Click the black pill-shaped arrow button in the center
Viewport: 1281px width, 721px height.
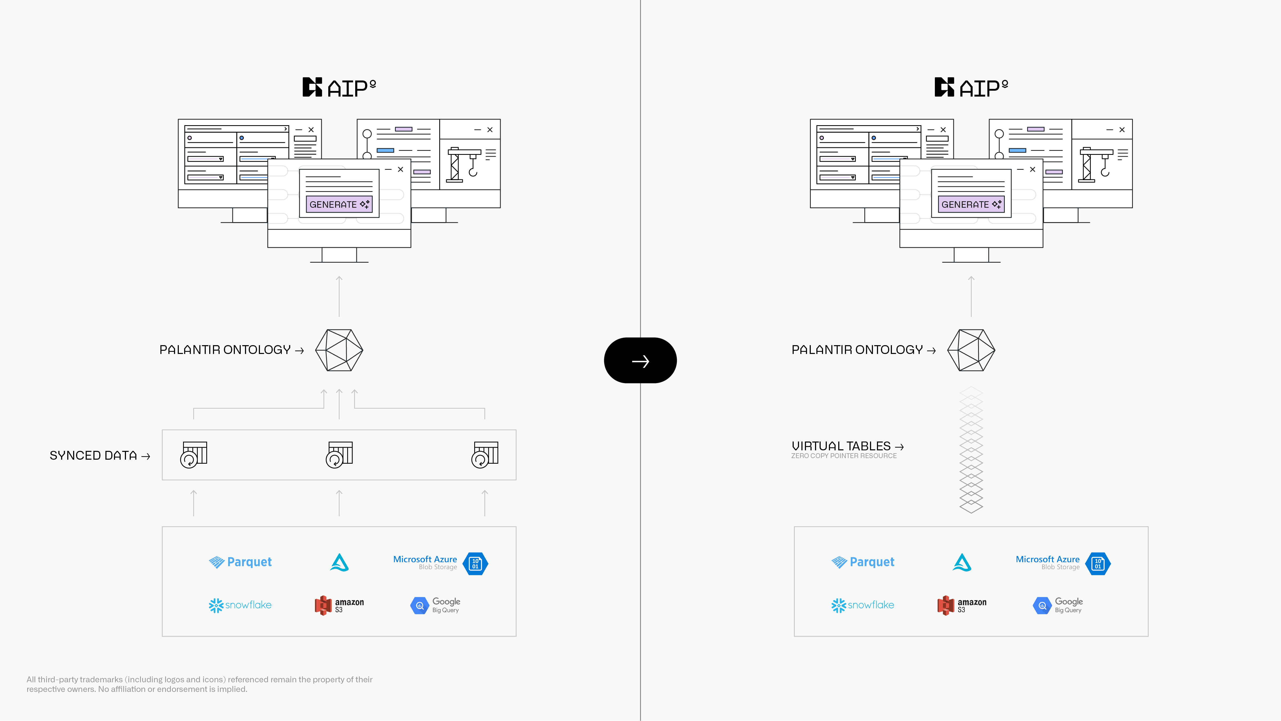[x=640, y=360]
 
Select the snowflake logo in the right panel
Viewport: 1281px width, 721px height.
[x=863, y=605]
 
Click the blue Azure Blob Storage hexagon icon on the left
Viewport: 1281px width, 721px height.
[x=475, y=564]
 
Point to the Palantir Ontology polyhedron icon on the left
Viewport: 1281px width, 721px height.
[x=339, y=350]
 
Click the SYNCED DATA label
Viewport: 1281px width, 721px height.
[x=93, y=455]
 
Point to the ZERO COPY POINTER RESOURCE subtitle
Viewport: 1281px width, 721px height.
[x=844, y=456]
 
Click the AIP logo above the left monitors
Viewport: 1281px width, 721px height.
[x=339, y=88]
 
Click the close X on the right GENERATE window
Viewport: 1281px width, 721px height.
[x=1032, y=170]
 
